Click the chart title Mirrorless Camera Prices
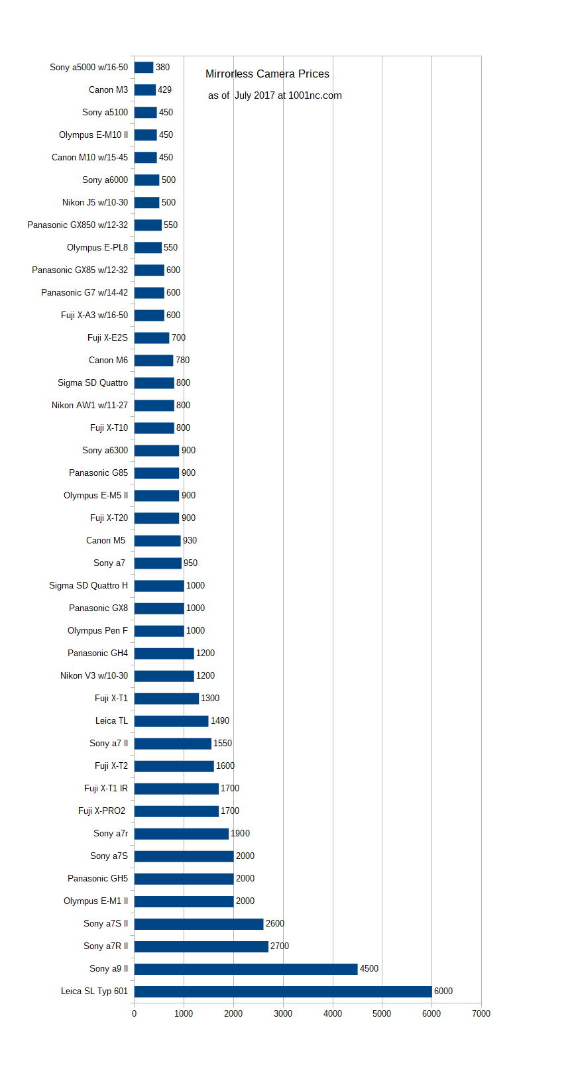(267, 74)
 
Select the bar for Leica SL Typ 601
(283, 991)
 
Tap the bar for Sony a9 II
(246, 968)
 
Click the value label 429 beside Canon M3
(165, 89)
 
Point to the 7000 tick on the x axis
(481, 1013)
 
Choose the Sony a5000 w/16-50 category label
(89, 67)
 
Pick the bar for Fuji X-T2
(174, 766)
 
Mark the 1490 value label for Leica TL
(220, 720)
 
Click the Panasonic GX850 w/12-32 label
(78, 225)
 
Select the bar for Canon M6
(154, 361)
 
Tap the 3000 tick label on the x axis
(283, 1013)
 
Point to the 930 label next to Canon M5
(190, 540)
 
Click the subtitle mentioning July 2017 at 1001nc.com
(275, 95)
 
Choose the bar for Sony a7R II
(201, 946)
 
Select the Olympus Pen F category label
(97, 630)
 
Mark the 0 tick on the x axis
(134, 1013)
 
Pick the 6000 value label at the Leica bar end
(443, 991)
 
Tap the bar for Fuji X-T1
(166, 699)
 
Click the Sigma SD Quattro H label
(89, 585)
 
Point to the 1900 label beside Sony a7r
(241, 834)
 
